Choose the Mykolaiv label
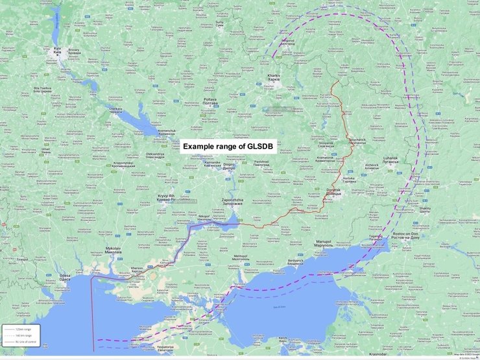pyautogui.click(x=95, y=249)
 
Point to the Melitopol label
pyautogui.click(x=241, y=257)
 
